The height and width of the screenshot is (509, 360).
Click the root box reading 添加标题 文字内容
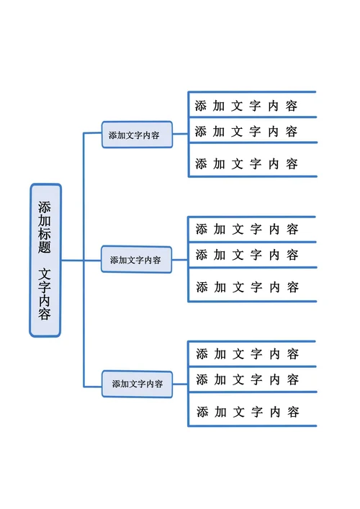click(45, 260)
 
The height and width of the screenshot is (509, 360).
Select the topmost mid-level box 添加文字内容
click(137, 135)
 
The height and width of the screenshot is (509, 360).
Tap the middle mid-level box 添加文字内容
click(137, 259)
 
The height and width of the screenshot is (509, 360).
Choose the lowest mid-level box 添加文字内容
click(137, 384)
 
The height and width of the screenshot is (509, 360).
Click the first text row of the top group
click(246, 106)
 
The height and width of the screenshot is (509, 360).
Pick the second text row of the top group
click(246, 131)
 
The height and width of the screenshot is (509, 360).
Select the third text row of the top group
click(246, 163)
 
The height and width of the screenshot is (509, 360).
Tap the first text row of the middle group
click(247, 230)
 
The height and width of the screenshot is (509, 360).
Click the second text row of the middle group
click(247, 255)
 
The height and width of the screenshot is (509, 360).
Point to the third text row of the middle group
click(247, 287)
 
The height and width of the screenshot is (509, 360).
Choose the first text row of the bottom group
click(247, 354)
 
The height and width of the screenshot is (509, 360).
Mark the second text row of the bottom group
click(247, 379)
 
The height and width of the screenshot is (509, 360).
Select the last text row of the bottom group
click(247, 413)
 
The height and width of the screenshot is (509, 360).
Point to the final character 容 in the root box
click(45, 314)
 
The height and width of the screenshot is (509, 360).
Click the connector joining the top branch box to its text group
click(180, 135)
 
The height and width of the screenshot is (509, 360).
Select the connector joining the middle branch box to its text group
click(180, 259)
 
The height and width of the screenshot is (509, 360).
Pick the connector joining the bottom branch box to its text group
click(180, 384)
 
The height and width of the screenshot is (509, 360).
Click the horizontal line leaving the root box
click(72, 260)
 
